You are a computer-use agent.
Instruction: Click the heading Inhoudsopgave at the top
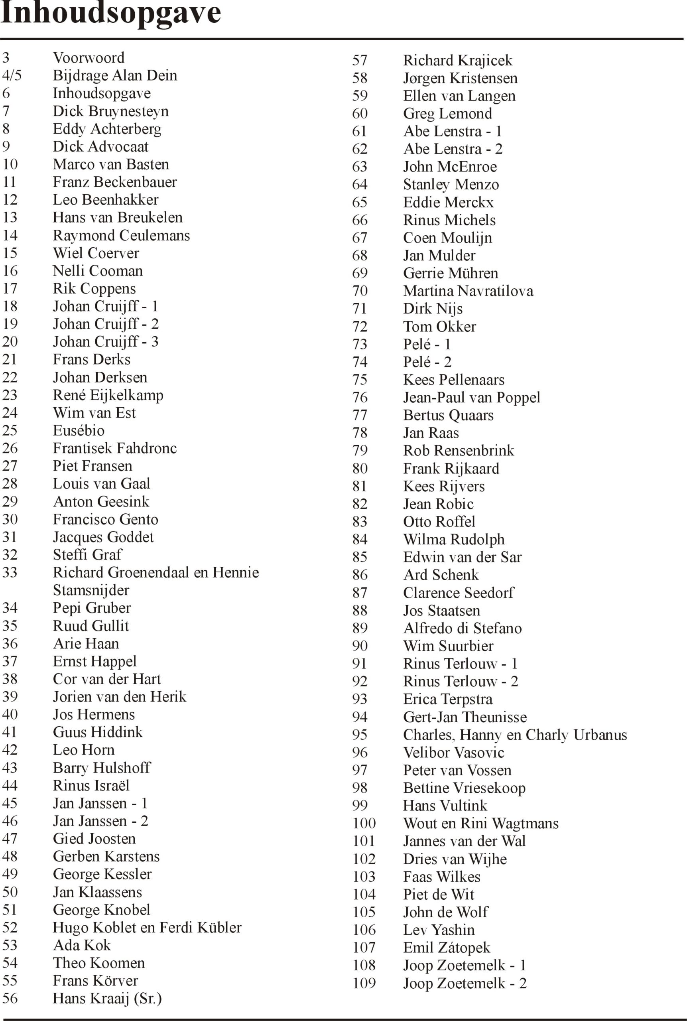point(110,13)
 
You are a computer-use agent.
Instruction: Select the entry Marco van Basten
point(111,164)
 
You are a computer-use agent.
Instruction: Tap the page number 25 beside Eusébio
point(10,430)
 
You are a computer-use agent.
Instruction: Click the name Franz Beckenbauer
point(115,182)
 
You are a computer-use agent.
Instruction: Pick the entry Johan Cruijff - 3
point(106,341)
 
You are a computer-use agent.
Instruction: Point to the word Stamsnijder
point(91,590)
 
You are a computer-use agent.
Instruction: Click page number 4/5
point(12,75)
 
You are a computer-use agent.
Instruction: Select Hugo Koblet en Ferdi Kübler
point(147,927)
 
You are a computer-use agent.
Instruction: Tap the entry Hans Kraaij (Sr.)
point(107,998)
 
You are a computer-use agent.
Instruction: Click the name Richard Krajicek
point(457,61)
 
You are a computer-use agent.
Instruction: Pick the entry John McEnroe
point(450,167)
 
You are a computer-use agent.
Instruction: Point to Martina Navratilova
point(468,291)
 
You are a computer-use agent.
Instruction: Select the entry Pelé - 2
point(427,362)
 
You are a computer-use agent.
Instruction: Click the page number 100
point(364,823)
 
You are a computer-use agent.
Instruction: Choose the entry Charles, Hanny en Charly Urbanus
point(515,735)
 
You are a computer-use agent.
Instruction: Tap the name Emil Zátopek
point(447,947)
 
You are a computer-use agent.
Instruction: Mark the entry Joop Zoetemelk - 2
point(465,984)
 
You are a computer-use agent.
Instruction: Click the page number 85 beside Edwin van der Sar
point(360,558)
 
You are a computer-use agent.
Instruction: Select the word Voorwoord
point(89,58)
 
